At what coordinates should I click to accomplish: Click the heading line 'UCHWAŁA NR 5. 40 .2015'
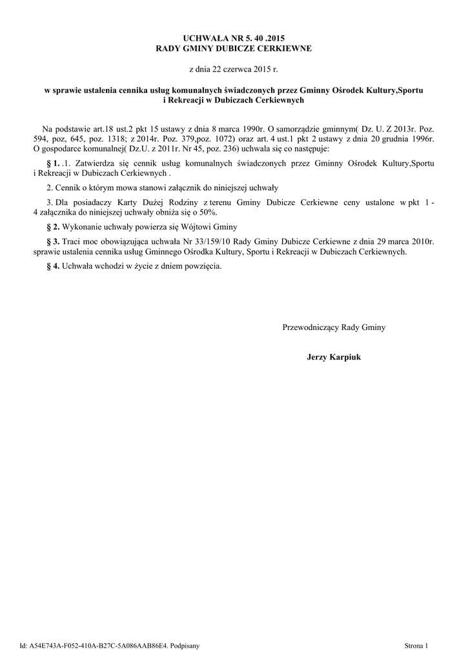(x=234, y=40)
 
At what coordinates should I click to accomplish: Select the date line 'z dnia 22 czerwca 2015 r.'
(x=234, y=68)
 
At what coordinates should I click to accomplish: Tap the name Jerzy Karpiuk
(x=334, y=356)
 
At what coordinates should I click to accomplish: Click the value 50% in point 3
(x=208, y=212)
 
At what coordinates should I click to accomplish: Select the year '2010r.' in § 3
(x=422, y=240)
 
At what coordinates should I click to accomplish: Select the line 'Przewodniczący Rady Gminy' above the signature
(x=334, y=327)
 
